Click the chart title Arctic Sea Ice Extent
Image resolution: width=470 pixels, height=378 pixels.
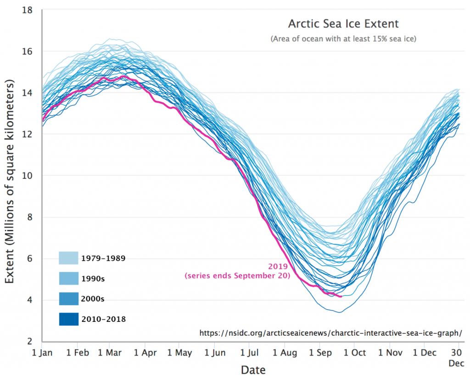coord(343,23)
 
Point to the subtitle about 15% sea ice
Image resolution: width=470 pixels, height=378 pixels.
coord(343,39)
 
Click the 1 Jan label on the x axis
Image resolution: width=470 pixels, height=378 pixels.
coord(42,353)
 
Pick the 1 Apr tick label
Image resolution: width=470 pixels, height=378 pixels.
coord(145,353)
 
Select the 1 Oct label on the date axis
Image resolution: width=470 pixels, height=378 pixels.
coord(354,353)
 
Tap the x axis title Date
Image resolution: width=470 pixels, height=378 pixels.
coord(253,369)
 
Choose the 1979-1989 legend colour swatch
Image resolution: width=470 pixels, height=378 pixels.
coord(68,258)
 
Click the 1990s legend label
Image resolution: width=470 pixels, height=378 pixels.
coord(94,279)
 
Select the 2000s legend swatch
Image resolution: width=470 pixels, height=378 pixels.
coord(68,299)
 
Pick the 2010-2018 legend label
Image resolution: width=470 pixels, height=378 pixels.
coord(103,319)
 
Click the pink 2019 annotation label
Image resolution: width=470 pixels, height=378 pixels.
coord(278,266)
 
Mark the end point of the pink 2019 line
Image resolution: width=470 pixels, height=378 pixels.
coord(341,297)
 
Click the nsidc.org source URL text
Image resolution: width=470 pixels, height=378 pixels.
coord(330,332)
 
